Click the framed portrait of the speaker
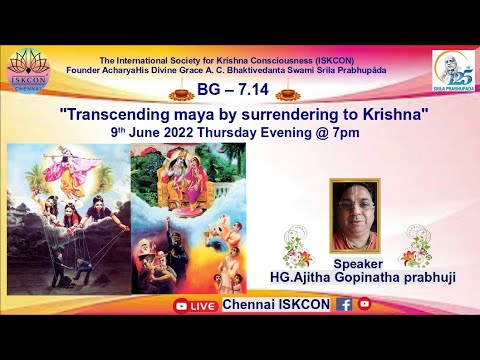pyautogui.click(x=361, y=215)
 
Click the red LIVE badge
pyautogui.click(x=196, y=305)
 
